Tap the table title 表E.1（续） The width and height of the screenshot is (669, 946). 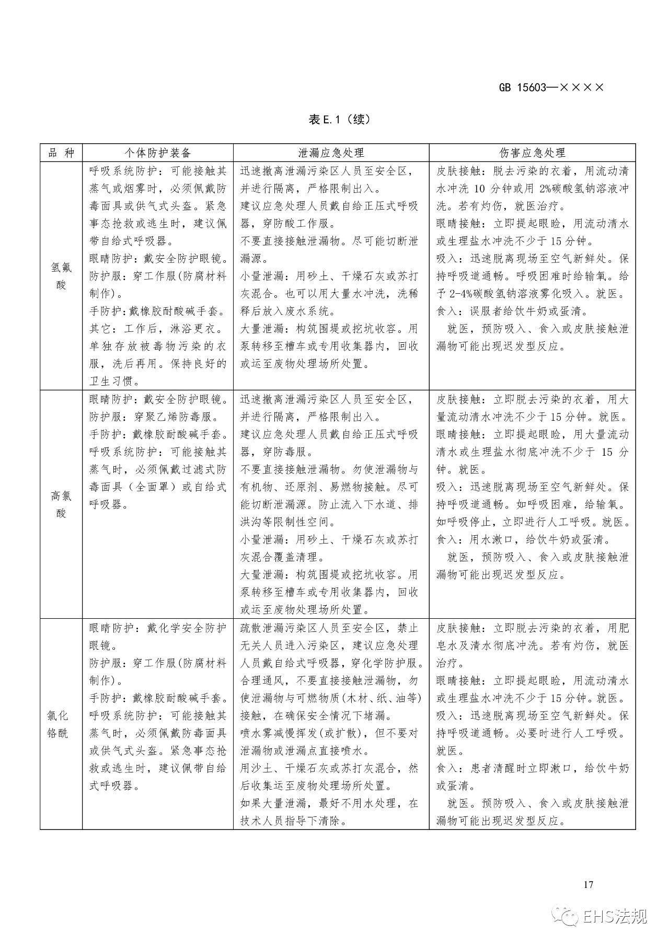click(339, 120)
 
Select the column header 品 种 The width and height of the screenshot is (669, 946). click(61, 153)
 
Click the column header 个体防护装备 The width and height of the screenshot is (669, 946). click(157, 153)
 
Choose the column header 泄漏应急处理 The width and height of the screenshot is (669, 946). click(331, 153)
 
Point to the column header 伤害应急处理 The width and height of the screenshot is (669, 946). click(532, 153)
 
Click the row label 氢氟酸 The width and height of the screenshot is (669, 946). click(61, 276)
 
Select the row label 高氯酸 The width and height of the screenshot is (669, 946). click(61, 504)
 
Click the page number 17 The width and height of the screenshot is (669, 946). click(588, 884)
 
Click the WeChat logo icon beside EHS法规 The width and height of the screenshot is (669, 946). click(568, 916)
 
